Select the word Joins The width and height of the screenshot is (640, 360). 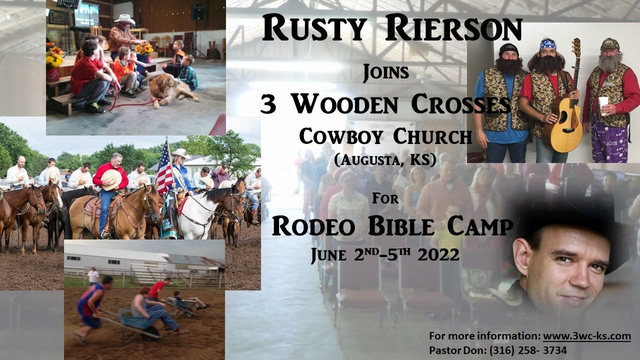[385, 73]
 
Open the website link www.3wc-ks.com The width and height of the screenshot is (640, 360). [586, 336]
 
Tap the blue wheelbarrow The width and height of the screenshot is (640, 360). [135, 318]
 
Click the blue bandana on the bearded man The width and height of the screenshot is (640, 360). [547, 44]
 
